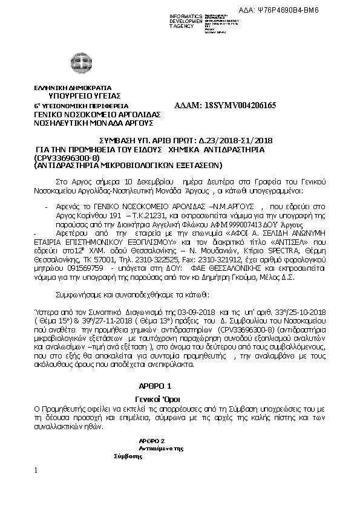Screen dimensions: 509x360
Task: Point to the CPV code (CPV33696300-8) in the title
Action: tap(66, 157)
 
